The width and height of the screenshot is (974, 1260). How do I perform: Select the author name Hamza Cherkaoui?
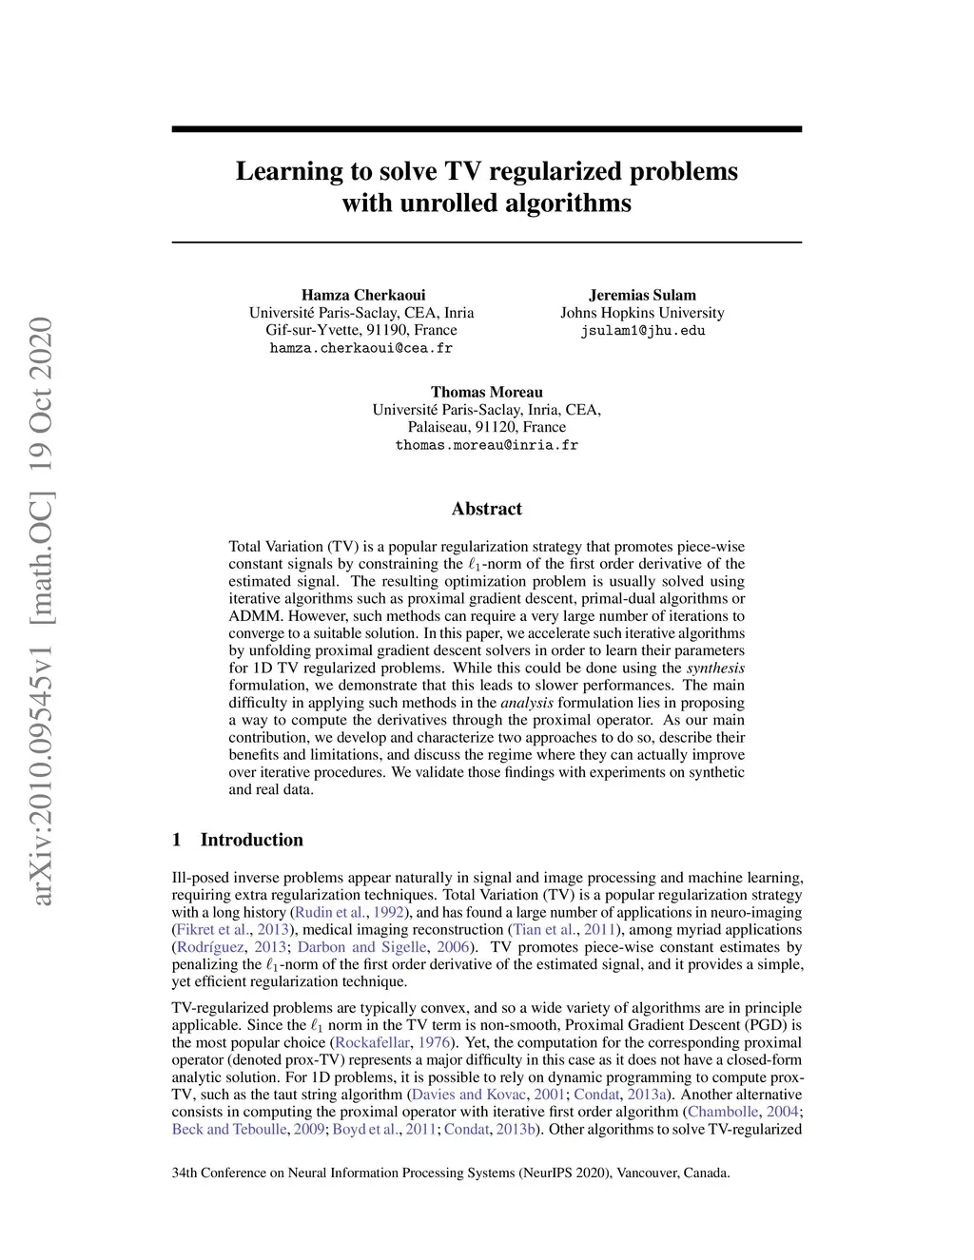point(363,295)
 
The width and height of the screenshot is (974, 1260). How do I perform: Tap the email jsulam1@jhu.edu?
point(643,331)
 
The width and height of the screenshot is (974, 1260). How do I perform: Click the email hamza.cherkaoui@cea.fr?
point(361,348)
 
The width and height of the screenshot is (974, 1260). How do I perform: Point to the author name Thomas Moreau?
point(487,392)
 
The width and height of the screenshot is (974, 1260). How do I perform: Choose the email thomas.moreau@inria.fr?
point(487,445)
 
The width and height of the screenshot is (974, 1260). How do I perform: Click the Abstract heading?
point(487,509)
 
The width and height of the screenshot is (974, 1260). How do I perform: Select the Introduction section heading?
point(251,840)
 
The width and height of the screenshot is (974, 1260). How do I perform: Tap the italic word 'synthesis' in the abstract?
point(715,669)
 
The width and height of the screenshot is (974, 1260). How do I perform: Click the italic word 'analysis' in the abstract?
point(527,703)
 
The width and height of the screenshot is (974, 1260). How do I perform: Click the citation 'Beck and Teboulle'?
point(229,1130)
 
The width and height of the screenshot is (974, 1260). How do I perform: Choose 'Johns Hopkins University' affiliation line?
point(642,313)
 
